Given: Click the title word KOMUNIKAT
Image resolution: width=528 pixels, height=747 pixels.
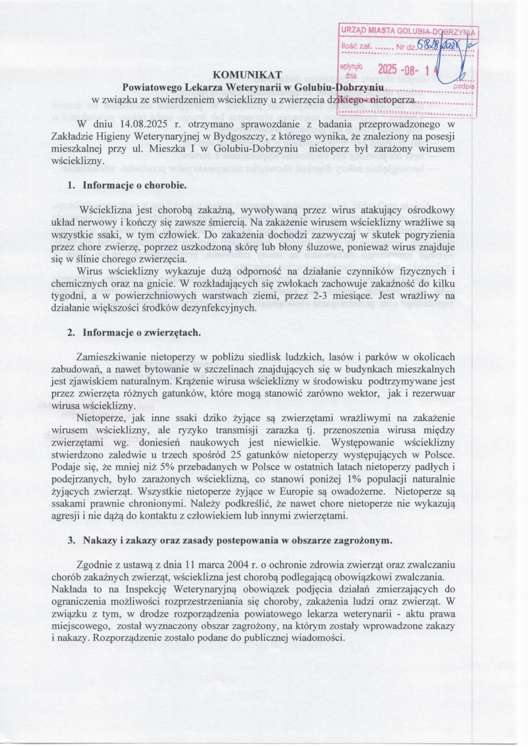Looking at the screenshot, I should [x=250, y=75].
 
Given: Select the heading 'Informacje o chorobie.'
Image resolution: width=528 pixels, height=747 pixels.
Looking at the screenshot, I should [x=135, y=185].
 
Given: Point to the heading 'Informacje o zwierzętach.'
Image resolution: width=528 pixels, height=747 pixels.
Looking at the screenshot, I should [x=142, y=333].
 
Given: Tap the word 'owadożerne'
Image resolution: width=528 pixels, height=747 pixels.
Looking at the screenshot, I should [x=362, y=491].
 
